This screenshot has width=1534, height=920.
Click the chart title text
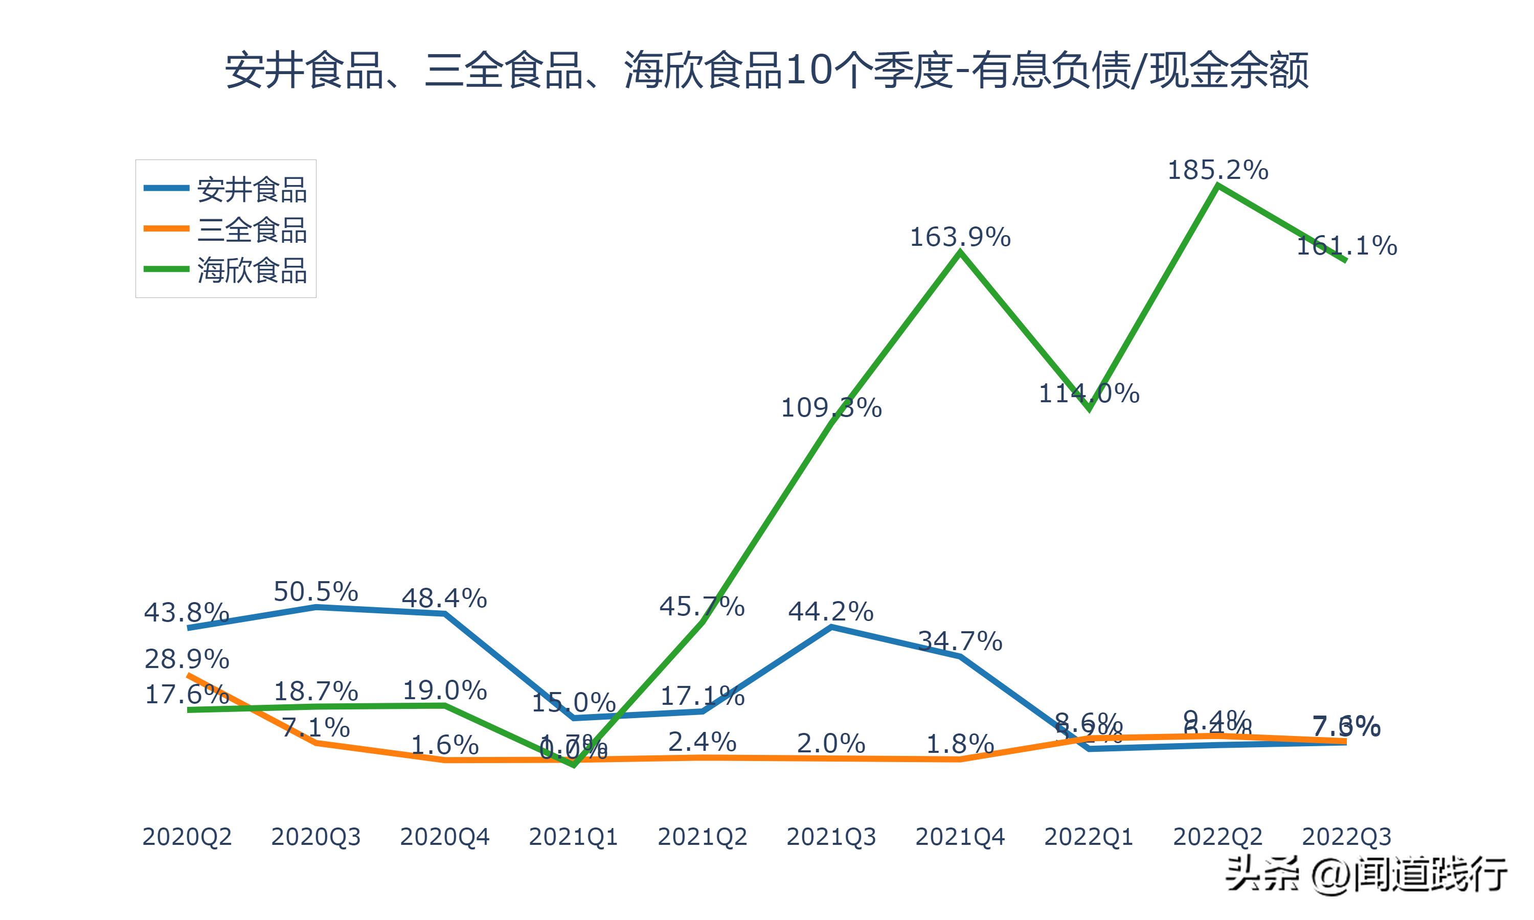coord(766,71)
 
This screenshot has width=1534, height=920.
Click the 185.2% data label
coord(1218,170)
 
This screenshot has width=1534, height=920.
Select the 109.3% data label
coord(831,408)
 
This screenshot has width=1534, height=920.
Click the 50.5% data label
coord(315,591)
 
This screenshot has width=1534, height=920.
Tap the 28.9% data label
coord(187,659)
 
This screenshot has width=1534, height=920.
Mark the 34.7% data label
coord(960,641)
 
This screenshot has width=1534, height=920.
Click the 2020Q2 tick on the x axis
coord(187,837)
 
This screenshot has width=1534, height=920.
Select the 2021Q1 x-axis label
coord(573,837)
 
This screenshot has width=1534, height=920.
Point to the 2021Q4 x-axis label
coord(960,837)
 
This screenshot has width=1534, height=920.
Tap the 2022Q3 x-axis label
coord(1346,837)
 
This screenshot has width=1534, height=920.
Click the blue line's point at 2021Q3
coord(831,627)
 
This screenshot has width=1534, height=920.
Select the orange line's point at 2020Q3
coord(316,743)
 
